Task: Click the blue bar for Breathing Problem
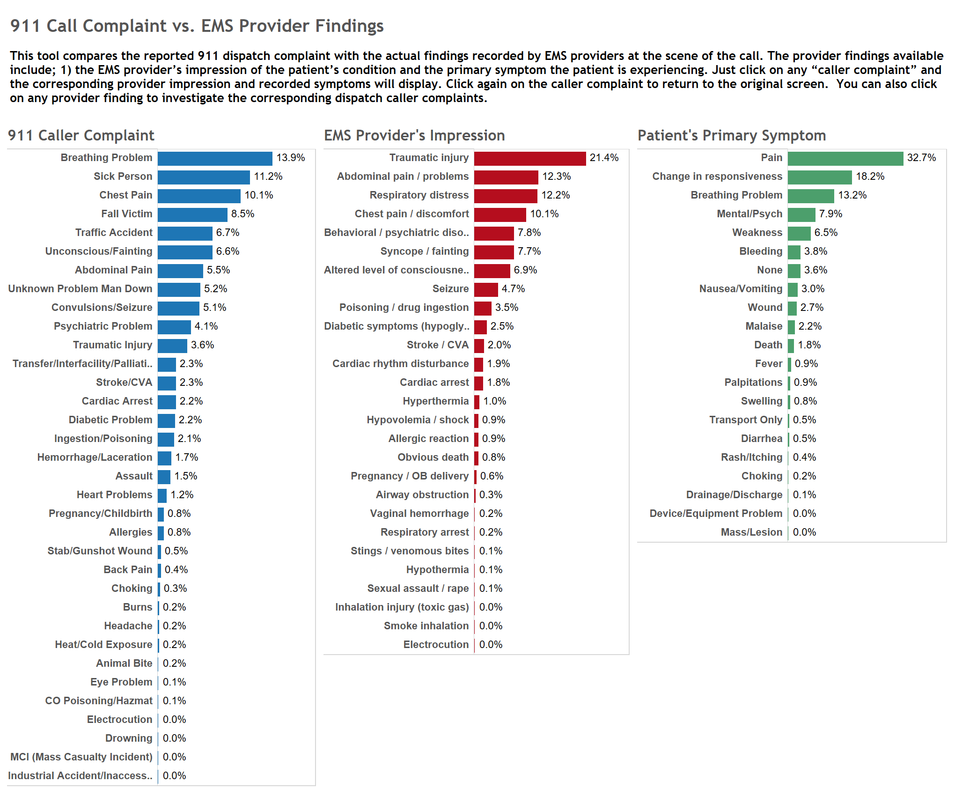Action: tap(215, 158)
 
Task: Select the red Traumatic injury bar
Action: tap(529, 158)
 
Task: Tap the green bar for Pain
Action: tap(845, 158)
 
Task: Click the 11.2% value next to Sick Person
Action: tap(268, 177)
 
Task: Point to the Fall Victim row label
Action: tap(126, 214)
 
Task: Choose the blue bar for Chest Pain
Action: tap(199, 196)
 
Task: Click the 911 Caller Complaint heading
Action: tap(81, 135)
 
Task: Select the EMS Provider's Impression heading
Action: tap(414, 135)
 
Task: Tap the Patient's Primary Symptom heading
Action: tap(731, 135)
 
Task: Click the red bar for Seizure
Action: tap(486, 289)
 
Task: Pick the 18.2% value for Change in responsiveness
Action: tap(870, 177)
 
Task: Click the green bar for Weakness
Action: tap(799, 233)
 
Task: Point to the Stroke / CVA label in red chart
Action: tap(437, 345)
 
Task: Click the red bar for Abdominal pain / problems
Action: tap(506, 177)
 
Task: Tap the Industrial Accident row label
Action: tap(80, 776)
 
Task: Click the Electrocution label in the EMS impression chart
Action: tap(436, 645)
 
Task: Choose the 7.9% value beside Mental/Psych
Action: tap(830, 214)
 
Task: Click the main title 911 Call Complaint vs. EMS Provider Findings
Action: tap(197, 26)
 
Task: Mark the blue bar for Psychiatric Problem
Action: tap(174, 327)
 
